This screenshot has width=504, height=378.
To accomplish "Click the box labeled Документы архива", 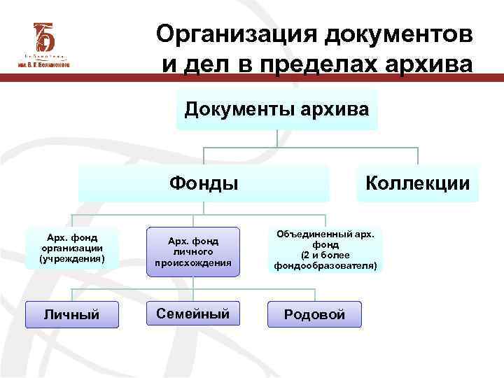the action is (276, 109).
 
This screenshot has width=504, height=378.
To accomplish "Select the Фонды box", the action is (204, 183).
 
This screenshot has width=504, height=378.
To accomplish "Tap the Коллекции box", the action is (417, 183).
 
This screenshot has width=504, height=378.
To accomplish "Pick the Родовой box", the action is (314, 314).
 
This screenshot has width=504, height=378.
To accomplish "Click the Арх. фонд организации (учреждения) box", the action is (72, 248).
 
